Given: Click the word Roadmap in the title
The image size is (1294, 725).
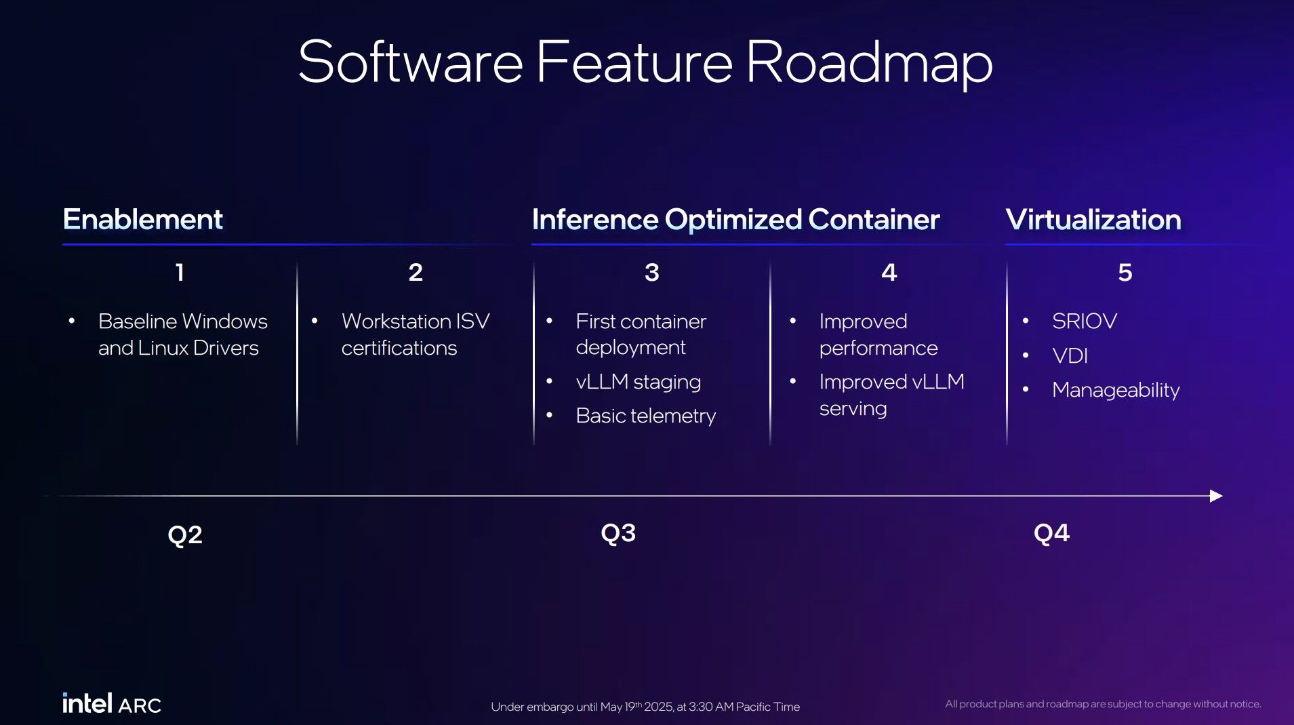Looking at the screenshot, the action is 870,63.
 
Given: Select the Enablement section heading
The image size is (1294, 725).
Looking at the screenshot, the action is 143,220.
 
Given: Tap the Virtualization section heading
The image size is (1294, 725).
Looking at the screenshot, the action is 1093,220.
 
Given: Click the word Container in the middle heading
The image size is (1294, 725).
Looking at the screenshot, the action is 874,220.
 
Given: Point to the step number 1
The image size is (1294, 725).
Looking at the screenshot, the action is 180,272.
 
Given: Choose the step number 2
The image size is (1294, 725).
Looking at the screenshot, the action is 416,272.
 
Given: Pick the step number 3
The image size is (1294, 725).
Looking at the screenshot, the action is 651,272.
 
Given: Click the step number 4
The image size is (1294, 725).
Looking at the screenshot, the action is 889,272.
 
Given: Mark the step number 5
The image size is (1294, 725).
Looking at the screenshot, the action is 1125,272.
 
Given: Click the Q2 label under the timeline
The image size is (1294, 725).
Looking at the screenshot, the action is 185,535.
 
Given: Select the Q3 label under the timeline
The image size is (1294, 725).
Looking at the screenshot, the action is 618,533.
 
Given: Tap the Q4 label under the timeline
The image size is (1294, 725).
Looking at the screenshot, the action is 1051,533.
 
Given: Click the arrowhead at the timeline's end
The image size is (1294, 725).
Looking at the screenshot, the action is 1216,496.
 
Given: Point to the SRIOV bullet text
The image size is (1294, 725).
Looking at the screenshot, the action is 1085,321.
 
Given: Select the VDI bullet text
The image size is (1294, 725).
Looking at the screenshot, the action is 1070,355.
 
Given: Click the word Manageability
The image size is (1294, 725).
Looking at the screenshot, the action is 1116,390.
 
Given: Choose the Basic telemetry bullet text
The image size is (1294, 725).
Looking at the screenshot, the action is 646,416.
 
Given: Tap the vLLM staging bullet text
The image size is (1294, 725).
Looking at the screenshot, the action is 639,382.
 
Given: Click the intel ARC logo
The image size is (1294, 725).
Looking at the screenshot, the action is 112,703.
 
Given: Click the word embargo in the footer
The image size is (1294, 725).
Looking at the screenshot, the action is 550,707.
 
